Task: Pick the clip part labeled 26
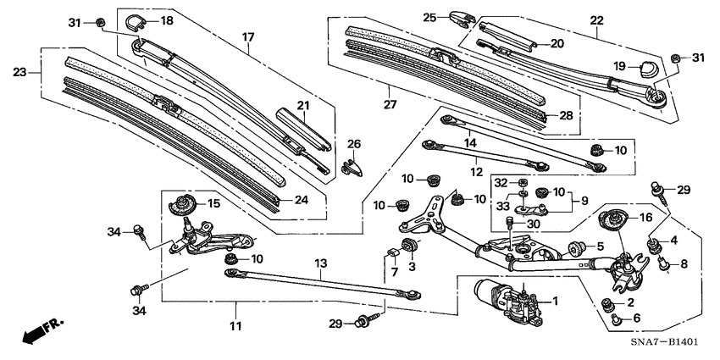click(x=354, y=165)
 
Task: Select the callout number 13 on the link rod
click(x=320, y=263)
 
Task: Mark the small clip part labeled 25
click(x=463, y=18)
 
